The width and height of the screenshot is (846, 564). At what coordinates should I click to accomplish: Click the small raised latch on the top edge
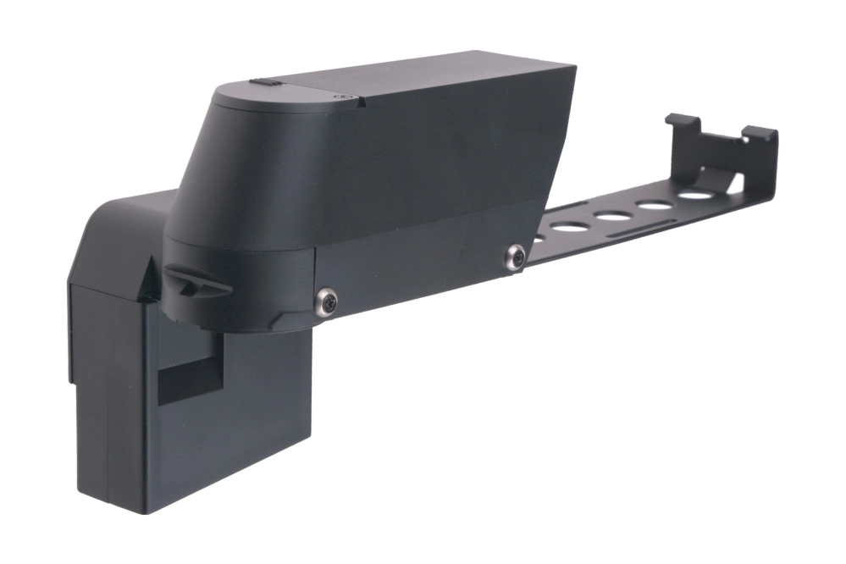[x=266, y=83]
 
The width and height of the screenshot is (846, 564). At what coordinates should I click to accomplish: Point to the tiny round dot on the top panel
[x=341, y=97]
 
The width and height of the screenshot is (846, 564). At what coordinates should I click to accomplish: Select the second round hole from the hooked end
[x=653, y=205]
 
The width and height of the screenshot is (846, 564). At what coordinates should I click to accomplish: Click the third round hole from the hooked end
[x=611, y=216]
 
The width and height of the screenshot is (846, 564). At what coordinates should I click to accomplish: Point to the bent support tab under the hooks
[x=728, y=180]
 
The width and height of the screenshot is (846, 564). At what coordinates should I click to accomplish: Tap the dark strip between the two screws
[x=419, y=271]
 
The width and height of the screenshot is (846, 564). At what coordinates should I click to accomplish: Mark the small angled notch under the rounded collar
[x=279, y=320]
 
